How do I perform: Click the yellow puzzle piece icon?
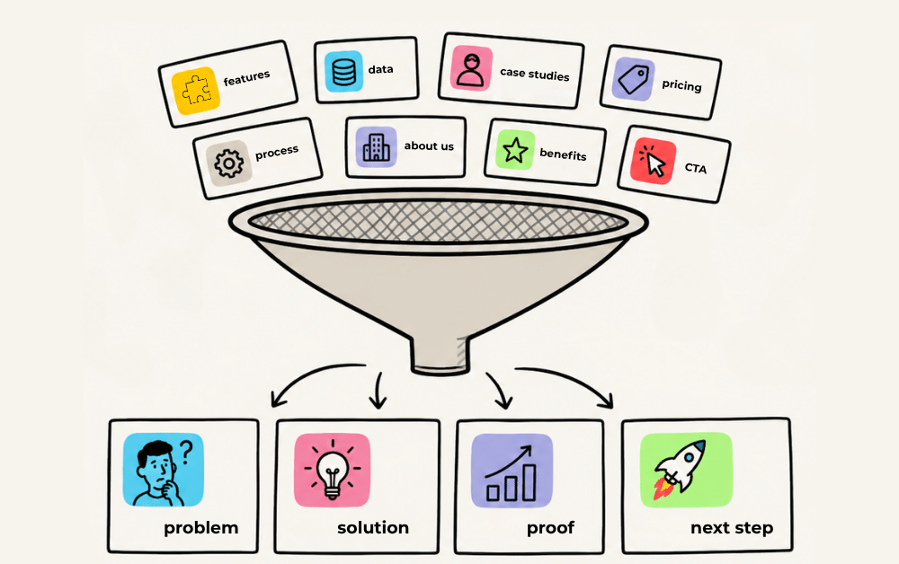tap(196, 91)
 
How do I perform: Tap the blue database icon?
tap(343, 72)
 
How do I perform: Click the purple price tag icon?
tap(634, 79)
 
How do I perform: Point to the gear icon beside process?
tap(228, 163)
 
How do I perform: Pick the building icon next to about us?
tap(376, 147)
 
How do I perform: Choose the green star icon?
tap(515, 150)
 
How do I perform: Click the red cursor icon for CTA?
tap(653, 161)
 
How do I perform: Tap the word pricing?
tap(681, 86)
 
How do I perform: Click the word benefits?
tap(563, 154)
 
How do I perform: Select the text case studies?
tap(534, 75)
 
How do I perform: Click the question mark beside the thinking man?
tap(185, 451)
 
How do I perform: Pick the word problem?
tap(200, 528)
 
